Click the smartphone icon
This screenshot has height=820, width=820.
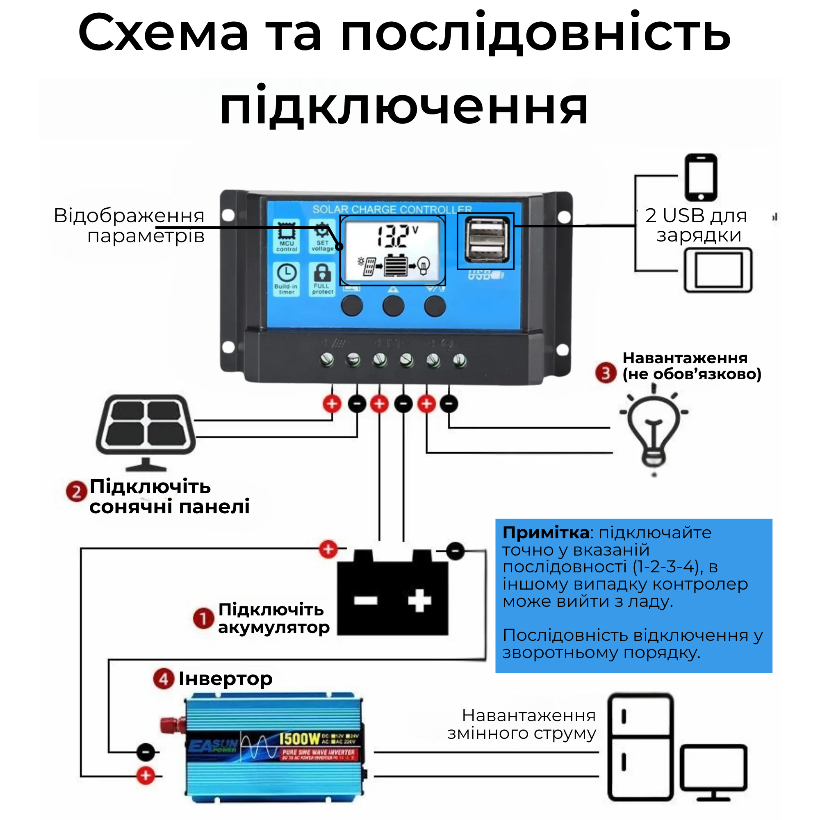coord(701,178)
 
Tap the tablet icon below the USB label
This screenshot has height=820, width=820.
coord(718,270)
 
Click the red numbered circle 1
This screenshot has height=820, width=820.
coord(203,618)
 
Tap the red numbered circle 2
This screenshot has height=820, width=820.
coord(76,492)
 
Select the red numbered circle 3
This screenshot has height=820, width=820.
coord(605,373)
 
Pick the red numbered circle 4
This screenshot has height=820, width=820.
coord(164,679)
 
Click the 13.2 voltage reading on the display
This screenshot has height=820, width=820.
coord(393,237)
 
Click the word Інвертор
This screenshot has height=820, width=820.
coord(225,679)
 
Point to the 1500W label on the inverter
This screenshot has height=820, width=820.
coord(300,739)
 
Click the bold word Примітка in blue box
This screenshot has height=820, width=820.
coord(545,532)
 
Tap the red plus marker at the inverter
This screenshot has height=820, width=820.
coord(146,775)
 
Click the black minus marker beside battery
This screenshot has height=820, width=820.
coord(455,551)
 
